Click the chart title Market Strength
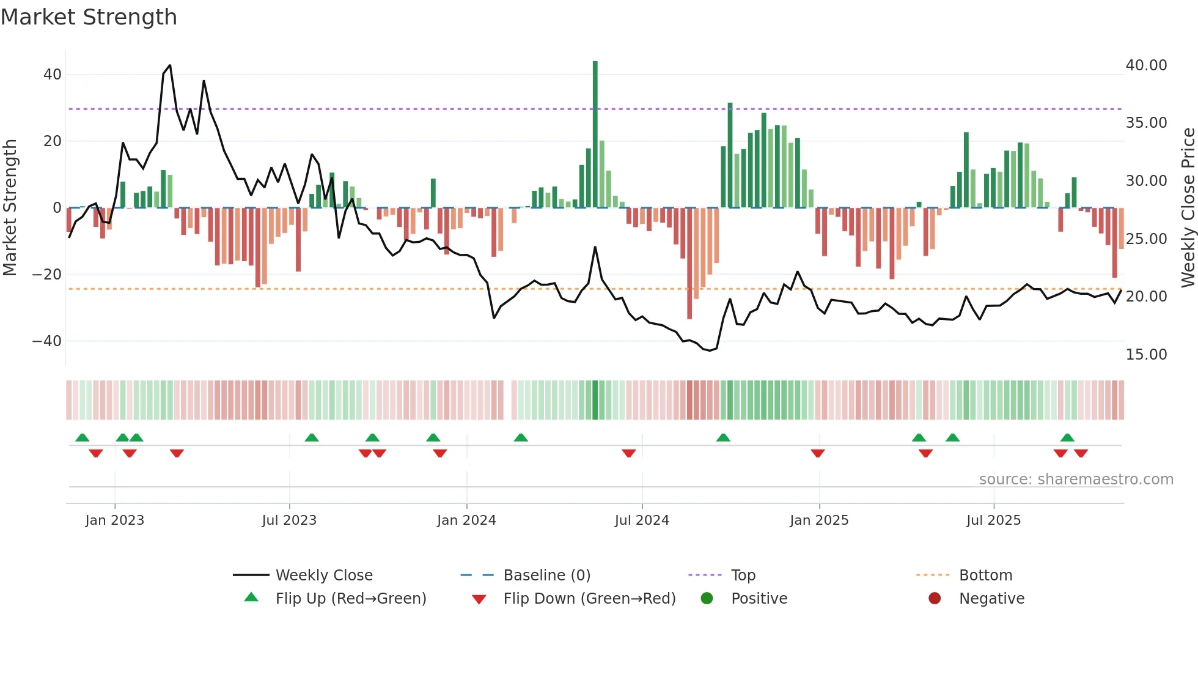(x=89, y=17)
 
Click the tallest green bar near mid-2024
(x=595, y=135)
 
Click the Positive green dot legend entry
(x=707, y=599)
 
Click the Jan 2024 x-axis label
(x=466, y=520)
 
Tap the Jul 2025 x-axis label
(x=993, y=520)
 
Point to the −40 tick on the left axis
(x=46, y=341)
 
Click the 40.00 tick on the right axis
(x=1146, y=65)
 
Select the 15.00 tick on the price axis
(x=1146, y=355)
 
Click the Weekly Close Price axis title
(x=1188, y=208)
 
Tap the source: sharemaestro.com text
(x=1076, y=480)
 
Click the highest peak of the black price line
(x=170, y=65)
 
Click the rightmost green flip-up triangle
(x=1067, y=438)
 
